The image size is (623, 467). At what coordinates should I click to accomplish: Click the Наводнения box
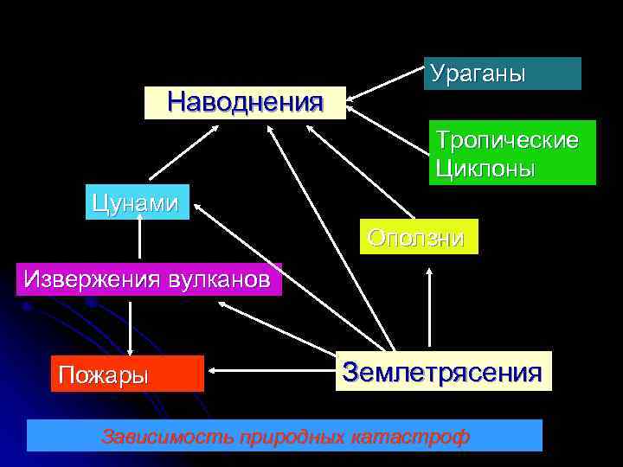tap(245, 102)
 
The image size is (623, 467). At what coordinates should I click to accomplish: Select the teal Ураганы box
tap(502, 74)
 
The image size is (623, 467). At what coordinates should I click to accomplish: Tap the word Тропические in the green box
tap(507, 140)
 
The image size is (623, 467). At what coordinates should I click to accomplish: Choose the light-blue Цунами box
tap(137, 202)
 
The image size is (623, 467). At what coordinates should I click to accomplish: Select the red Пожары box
tap(127, 374)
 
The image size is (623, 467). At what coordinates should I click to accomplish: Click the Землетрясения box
tap(443, 372)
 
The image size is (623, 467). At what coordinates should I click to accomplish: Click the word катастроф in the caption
tap(413, 436)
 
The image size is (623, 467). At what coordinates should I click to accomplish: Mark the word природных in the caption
tap(293, 436)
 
